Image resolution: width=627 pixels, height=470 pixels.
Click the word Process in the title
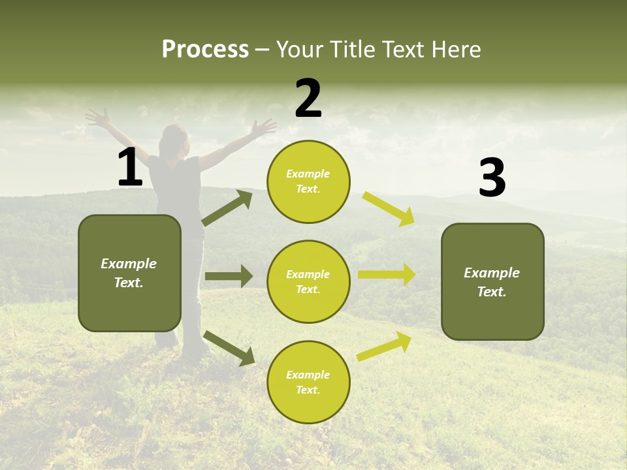(x=205, y=49)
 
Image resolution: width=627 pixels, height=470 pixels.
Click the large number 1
(x=130, y=168)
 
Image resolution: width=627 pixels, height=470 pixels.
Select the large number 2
(x=308, y=99)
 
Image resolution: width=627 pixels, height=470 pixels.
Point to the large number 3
(x=492, y=178)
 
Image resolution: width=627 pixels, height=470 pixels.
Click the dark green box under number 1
(x=129, y=273)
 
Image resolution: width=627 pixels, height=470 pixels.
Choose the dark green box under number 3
(x=492, y=281)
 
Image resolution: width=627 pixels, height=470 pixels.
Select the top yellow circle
(x=308, y=181)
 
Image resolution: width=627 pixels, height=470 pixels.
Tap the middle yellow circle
(x=308, y=281)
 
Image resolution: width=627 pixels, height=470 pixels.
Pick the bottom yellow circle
(x=308, y=382)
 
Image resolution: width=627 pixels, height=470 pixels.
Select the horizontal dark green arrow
(x=229, y=276)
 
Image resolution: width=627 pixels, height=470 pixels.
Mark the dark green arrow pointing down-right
(x=229, y=348)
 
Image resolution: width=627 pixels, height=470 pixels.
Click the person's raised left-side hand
(x=98, y=118)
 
